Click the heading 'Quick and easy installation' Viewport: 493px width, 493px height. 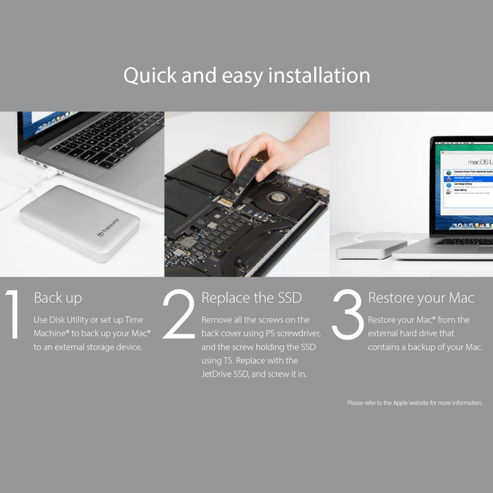(x=246, y=75)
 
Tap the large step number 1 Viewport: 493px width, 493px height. (x=12, y=314)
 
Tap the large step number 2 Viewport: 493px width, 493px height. (x=179, y=314)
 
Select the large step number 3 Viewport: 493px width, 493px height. (x=347, y=314)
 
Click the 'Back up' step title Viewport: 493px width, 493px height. (x=58, y=298)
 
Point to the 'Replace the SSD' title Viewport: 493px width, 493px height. (x=251, y=298)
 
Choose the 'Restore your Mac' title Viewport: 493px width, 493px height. (x=420, y=298)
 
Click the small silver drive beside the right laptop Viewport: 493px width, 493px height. (x=362, y=249)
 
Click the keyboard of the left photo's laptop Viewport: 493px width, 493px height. (x=110, y=140)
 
